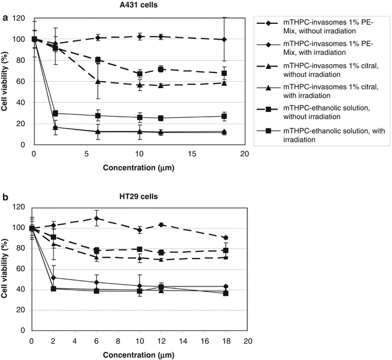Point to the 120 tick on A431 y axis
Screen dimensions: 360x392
point(23,19)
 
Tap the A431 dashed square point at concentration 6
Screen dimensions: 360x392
point(98,60)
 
